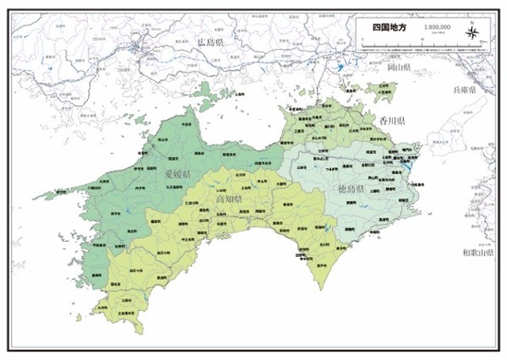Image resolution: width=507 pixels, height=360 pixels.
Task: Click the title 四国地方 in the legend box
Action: (390, 26)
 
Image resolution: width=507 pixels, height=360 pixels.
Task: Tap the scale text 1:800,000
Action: (437, 26)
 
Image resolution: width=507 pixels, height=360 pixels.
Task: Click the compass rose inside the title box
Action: (472, 33)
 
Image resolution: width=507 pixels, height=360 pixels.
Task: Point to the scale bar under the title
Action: (437, 33)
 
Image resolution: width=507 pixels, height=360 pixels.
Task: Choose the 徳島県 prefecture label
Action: (350, 190)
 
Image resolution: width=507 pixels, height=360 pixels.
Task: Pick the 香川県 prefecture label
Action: (391, 121)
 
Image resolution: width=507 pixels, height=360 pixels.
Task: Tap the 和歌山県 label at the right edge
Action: (478, 252)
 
